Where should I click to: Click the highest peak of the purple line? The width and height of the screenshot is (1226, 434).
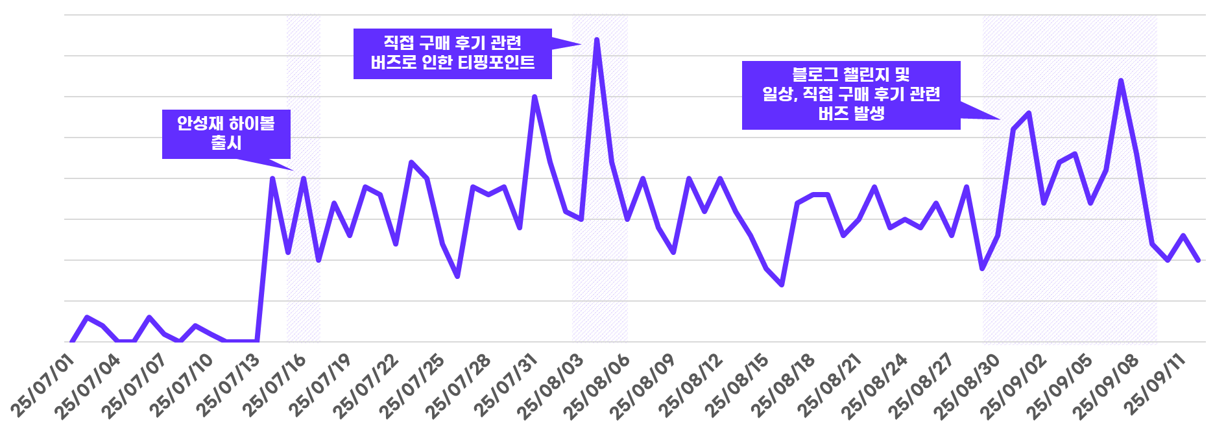(x=597, y=40)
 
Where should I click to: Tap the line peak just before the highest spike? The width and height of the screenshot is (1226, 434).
(x=535, y=97)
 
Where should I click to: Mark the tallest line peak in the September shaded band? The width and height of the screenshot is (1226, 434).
(x=1121, y=80)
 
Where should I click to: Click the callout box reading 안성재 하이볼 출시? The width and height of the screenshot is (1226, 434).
(x=226, y=134)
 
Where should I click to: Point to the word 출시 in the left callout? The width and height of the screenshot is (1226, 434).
(x=226, y=143)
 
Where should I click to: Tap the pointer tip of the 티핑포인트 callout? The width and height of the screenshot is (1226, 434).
(x=579, y=44)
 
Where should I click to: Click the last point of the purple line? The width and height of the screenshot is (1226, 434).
(x=1199, y=260)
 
